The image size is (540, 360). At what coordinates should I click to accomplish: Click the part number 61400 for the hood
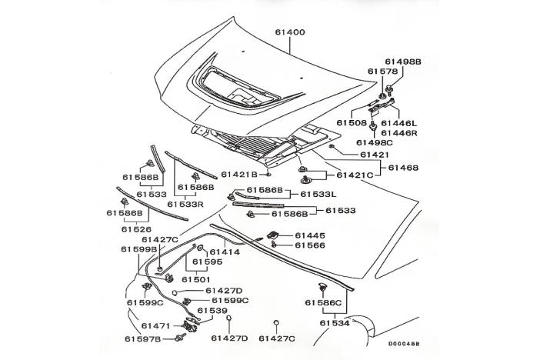290,33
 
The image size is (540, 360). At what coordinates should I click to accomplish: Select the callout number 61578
382,72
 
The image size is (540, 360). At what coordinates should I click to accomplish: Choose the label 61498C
375,142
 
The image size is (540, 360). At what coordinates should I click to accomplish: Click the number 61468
403,167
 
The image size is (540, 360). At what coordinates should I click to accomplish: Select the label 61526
136,228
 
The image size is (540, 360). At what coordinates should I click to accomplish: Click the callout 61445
310,235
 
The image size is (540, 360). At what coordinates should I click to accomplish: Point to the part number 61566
310,246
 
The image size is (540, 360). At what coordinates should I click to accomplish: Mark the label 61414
226,252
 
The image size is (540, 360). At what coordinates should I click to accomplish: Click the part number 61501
196,279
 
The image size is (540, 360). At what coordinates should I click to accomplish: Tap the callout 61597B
142,338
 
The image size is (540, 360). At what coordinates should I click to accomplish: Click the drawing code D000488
405,345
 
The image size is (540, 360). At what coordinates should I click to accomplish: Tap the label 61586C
322,303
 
